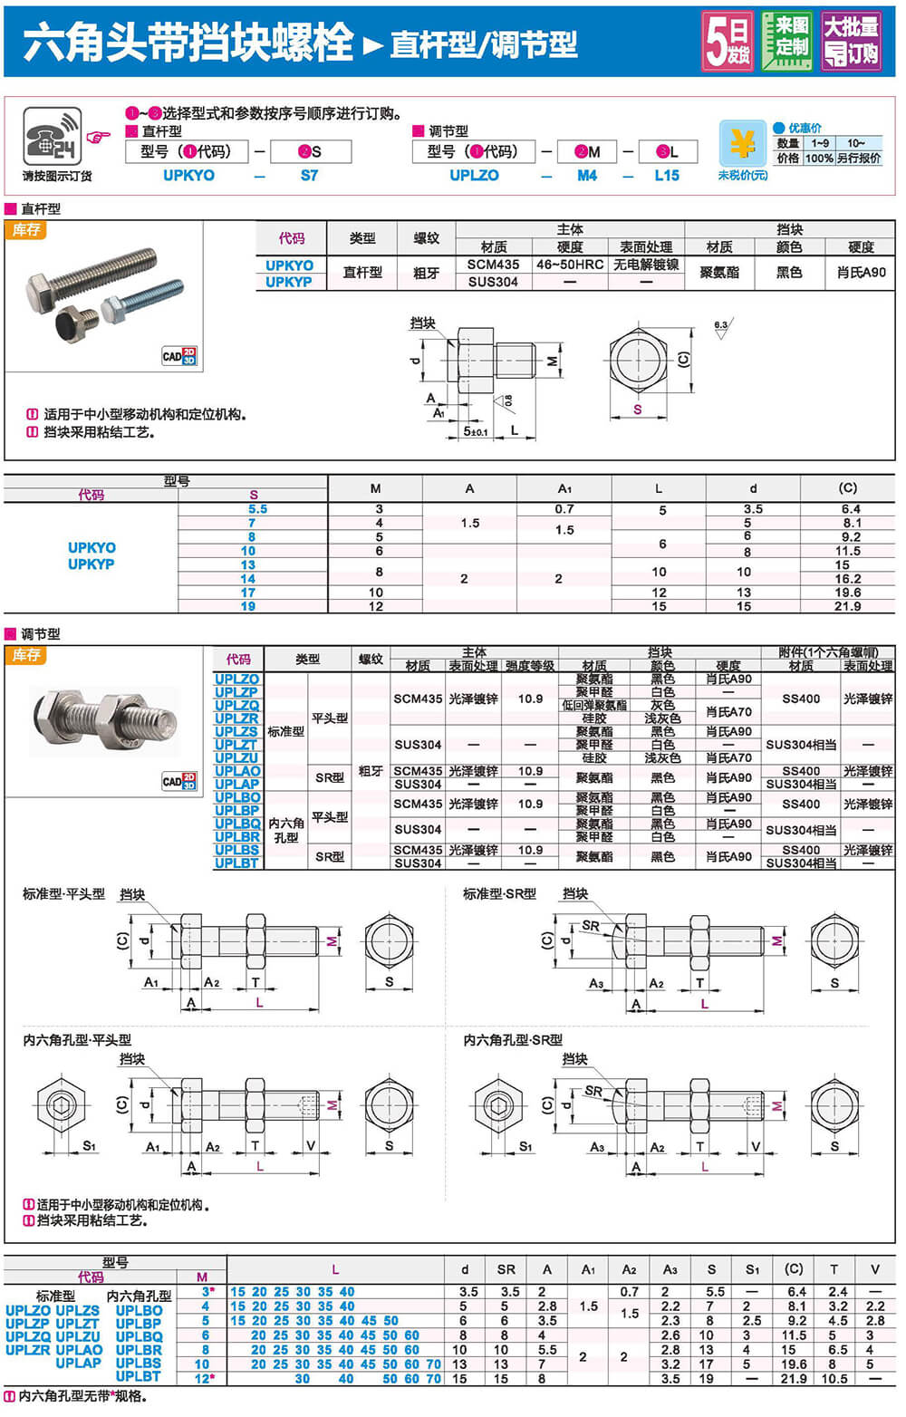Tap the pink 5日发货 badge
tap(728, 41)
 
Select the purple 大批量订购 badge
tap(850, 40)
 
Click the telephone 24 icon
tap(53, 137)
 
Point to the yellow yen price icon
tap(742, 143)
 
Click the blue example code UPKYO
tap(188, 176)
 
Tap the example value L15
tap(667, 176)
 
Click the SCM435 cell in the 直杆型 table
tap(493, 265)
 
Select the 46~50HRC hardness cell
tap(570, 265)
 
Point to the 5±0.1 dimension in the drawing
tap(476, 431)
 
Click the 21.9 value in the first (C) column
tap(847, 606)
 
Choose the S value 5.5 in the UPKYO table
tap(258, 509)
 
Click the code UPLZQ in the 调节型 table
tap(237, 705)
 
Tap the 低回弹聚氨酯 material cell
tap(594, 705)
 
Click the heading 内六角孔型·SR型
tap(513, 1040)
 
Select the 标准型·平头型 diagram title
tap(63, 894)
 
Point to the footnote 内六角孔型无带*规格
tap(82, 1396)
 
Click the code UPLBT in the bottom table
tap(139, 1376)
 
